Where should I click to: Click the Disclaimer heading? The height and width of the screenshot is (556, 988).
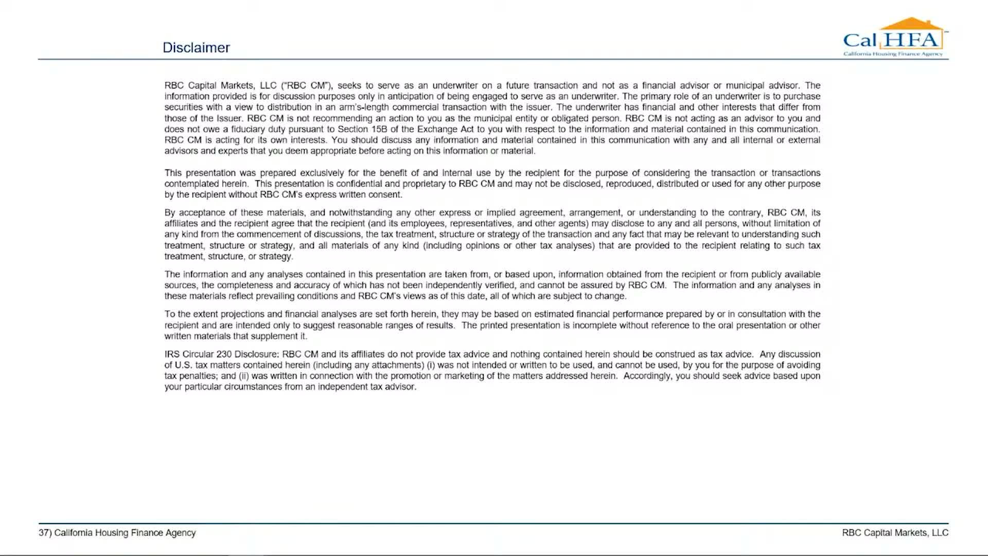pyautogui.click(x=196, y=47)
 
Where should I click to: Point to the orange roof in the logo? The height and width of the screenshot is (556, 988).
pyautogui.click(x=911, y=24)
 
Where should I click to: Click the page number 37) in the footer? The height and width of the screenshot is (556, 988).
pyautogui.click(x=45, y=533)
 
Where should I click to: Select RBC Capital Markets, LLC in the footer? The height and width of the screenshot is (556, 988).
pyautogui.click(x=895, y=533)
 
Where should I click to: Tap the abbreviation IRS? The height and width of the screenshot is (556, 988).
pyautogui.click(x=171, y=354)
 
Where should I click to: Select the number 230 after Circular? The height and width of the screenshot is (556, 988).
pyautogui.click(x=224, y=354)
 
